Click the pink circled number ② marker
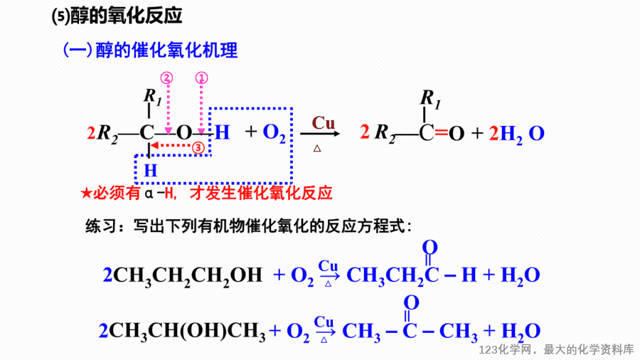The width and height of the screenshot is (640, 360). point(166,78)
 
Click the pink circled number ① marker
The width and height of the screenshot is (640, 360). point(202,78)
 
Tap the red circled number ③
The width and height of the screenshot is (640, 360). point(198,147)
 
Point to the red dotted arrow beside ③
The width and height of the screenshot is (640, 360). point(171,145)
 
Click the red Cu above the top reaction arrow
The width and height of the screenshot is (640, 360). point(324,123)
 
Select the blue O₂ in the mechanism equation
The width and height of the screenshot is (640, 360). point(274,133)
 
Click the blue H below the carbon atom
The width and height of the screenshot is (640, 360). point(151,170)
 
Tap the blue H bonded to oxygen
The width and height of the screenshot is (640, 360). point(223,132)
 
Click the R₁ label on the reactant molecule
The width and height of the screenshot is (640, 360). point(153,97)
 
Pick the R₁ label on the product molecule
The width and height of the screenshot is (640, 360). point(430,99)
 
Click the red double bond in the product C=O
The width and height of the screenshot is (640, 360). point(441,132)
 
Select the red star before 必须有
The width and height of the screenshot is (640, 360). point(86,193)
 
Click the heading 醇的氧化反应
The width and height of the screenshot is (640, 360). point(127,16)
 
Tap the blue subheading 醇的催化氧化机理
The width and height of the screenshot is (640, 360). point(166,51)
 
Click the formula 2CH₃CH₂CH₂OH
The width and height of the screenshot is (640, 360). point(183,275)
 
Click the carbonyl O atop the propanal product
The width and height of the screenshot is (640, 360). point(430,248)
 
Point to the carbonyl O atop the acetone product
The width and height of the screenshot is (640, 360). point(412,303)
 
